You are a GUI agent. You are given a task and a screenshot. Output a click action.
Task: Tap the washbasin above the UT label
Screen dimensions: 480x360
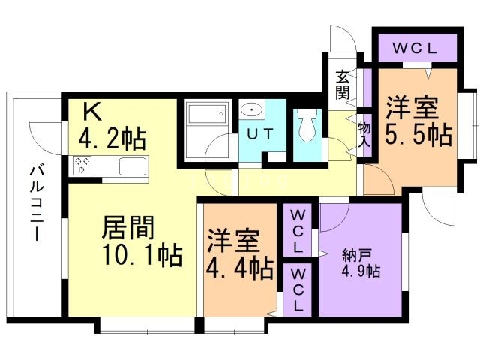252,110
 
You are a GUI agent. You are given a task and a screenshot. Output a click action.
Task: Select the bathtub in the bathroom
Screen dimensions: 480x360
208,112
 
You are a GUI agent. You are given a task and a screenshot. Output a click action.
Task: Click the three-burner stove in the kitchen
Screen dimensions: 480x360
82,165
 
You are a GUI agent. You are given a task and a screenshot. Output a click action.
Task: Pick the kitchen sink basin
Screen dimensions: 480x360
133,166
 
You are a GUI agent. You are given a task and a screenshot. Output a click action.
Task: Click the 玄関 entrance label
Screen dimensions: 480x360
343,85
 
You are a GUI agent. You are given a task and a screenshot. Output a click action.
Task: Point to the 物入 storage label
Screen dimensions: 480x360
364,135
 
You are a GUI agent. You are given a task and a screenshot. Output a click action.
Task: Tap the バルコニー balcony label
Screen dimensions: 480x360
37,203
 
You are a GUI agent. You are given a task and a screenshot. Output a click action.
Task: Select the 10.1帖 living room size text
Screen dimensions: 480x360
142,255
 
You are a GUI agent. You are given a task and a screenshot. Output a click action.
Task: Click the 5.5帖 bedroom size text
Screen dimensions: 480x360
418,134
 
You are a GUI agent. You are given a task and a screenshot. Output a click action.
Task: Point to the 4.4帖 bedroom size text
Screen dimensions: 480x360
239,268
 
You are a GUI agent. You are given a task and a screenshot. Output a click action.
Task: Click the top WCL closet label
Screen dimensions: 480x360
415,49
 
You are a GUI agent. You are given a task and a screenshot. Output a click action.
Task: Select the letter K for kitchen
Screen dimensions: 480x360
91,112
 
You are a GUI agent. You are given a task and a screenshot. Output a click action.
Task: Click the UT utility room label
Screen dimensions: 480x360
259,134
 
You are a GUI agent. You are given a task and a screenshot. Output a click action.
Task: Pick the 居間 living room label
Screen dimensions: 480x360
128,228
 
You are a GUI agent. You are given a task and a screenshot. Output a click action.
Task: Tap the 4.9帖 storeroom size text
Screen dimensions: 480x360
361,271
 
